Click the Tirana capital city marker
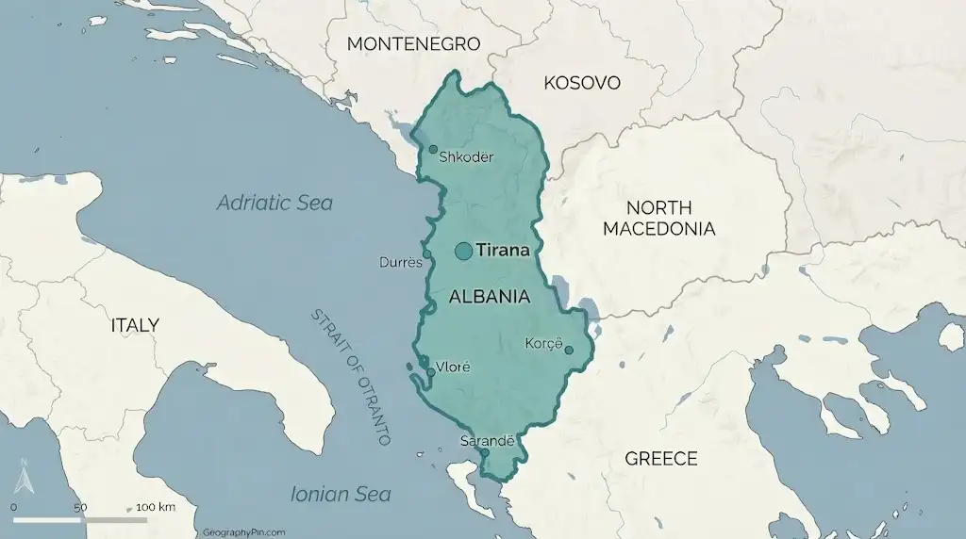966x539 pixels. point(463,251)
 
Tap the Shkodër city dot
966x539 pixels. point(433,149)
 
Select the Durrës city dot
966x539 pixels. point(426,253)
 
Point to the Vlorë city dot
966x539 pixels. point(431,372)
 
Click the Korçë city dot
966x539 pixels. point(569,351)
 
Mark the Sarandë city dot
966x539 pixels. point(485,452)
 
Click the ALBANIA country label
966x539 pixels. point(489,297)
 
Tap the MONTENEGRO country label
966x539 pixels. point(413,44)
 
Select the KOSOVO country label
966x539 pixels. point(582,83)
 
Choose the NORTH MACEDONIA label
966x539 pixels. point(658,218)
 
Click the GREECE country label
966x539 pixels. point(661,459)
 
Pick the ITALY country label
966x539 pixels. point(135,325)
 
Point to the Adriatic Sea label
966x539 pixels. point(275,203)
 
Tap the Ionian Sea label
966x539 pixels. point(341,494)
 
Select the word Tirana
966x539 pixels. point(501,251)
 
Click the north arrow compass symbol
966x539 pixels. point(25,480)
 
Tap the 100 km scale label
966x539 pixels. point(155,507)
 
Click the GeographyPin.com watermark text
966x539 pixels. point(243,532)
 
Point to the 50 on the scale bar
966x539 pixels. point(80,507)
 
